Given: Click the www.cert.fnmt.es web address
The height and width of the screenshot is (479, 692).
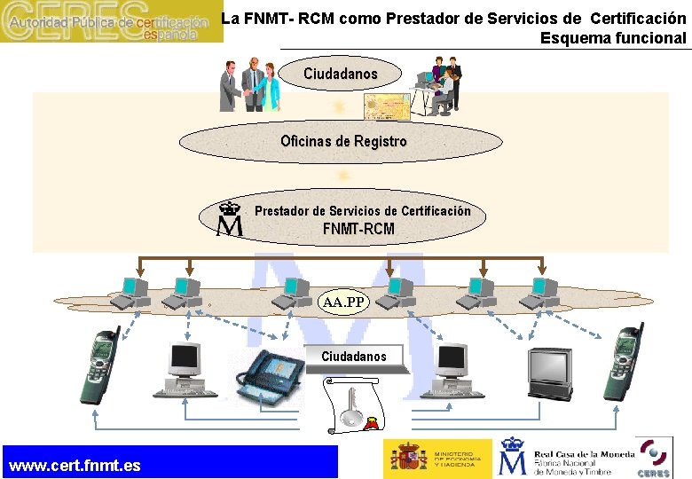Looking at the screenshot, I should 75,466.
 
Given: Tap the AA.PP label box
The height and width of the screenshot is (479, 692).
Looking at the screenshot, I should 343,302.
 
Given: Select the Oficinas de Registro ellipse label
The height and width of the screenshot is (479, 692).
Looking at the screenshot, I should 343,141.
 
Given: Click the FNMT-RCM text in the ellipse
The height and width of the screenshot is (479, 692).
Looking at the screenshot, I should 358,229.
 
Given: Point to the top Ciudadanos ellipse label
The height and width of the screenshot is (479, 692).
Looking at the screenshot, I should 340,74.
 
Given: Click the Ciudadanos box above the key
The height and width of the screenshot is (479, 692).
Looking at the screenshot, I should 354,356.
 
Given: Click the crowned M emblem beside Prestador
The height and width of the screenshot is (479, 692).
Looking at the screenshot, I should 231,218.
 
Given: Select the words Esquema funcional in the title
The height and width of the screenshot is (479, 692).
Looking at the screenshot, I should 613,37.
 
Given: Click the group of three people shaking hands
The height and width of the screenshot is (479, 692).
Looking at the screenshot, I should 250,84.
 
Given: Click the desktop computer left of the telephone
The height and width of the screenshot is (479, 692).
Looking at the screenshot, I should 185,369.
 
